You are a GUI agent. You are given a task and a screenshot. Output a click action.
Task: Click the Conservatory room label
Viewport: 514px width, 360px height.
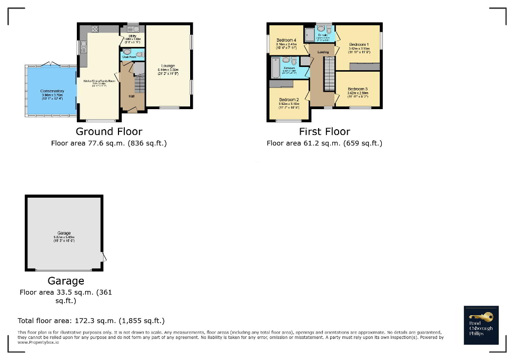tap(52, 91)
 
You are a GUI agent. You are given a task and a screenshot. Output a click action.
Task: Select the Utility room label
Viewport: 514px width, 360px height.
tap(132, 36)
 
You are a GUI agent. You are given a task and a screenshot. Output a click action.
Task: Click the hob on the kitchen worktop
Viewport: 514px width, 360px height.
tap(95, 30)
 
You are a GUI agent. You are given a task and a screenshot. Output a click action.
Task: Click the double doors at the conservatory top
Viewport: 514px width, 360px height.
tap(51, 64)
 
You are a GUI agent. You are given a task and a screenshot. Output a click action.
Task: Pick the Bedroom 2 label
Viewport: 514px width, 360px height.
tap(289, 100)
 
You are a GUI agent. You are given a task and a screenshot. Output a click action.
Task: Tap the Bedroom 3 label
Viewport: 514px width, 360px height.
tap(358, 89)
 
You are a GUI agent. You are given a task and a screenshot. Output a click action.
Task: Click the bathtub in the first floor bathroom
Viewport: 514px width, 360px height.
tap(275, 68)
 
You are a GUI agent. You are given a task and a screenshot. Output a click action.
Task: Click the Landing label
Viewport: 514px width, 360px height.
tap(323, 52)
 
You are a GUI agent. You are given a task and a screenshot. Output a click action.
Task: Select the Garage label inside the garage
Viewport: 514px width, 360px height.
tap(64, 233)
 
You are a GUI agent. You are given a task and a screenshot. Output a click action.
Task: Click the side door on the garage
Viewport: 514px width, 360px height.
tap(104, 257)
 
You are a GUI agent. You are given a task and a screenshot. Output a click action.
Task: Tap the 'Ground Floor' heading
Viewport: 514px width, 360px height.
tap(109, 131)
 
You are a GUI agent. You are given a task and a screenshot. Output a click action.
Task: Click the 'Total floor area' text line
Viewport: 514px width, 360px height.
tap(91, 320)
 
